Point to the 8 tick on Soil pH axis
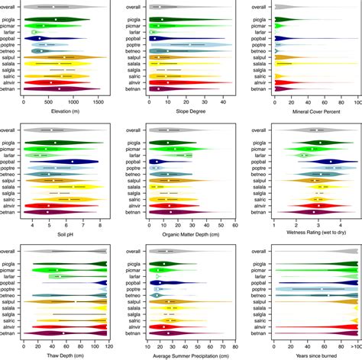click(100, 225)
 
